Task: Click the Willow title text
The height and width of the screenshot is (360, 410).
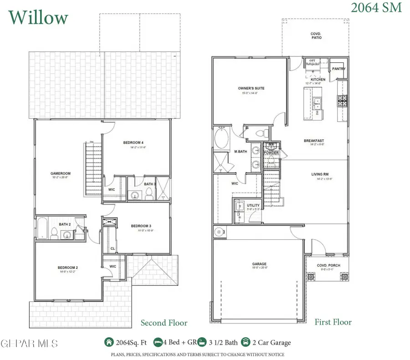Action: (38, 17)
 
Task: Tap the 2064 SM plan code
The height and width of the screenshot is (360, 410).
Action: (376, 8)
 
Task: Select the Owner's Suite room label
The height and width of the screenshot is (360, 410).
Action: (251, 88)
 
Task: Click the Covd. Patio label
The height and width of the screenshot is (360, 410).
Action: (316, 35)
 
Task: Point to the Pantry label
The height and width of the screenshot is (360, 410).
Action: (338, 69)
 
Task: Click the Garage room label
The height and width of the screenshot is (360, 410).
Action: (260, 264)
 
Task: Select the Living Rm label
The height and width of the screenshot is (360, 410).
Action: (320, 174)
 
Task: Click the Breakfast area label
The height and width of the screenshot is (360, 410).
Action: (314, 141)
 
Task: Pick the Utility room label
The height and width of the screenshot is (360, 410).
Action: (253, 206)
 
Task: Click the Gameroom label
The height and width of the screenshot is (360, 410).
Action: (59, 173)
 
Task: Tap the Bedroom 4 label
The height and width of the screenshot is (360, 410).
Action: (133, 143)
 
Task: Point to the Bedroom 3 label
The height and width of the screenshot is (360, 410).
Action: (141, 226)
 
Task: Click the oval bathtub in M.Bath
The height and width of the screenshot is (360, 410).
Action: (222, 139)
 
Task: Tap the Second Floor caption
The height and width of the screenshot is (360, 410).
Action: (164, 323)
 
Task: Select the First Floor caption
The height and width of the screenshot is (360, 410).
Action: (333, 322)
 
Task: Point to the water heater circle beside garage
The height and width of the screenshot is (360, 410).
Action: (219, 232)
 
